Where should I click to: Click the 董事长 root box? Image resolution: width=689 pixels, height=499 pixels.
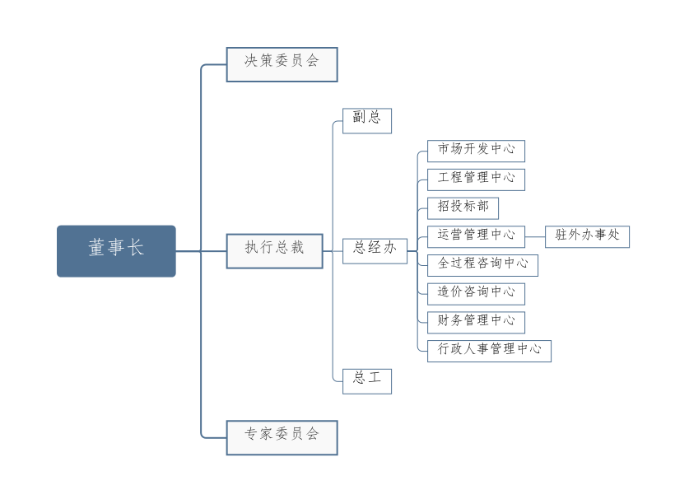click(116, 251)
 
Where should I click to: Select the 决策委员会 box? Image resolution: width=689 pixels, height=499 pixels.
click(282, 64)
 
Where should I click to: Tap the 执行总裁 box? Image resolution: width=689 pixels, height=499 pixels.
click(274, 251)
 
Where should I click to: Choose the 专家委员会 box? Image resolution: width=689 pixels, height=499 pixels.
click(282, 437)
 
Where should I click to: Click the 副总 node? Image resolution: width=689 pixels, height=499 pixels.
click(366, 120)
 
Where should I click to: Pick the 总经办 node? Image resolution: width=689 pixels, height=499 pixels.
click(375, 251)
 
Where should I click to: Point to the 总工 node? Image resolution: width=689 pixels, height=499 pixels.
click(366, 381)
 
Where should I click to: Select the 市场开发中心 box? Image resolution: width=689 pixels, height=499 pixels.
click(476, 151)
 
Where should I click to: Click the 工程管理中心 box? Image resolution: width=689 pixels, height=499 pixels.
click(476, 180)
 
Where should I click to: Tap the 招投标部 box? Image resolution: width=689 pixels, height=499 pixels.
click(463, 208)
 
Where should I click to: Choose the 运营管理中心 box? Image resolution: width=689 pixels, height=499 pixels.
click(476, 236)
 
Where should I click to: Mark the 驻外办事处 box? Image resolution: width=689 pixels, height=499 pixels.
click(587, 236)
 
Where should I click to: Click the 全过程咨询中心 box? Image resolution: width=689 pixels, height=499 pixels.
click(482, 265)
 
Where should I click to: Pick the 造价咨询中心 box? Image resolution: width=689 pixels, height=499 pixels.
click(476, 293)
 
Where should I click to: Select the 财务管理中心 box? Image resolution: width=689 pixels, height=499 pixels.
click(476, 322)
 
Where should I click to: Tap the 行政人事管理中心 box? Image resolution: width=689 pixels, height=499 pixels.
click(489, 351)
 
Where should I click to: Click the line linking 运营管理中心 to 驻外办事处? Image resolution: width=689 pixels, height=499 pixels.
click(535, 236)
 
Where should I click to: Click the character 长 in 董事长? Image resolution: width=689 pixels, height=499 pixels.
click(135, 248)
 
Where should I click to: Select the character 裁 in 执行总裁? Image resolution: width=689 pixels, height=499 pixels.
click(296, 248)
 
